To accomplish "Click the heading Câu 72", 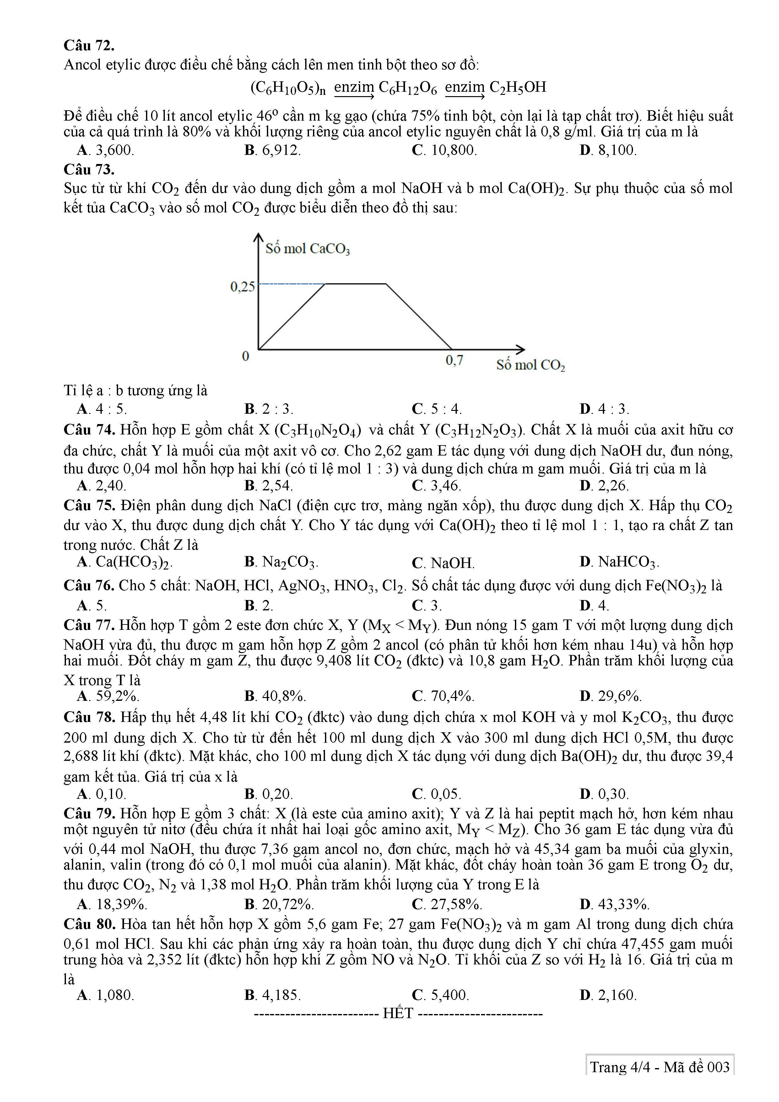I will (89, 46).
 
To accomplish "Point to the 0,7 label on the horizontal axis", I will (454, 360).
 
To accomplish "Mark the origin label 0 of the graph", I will (246, 356).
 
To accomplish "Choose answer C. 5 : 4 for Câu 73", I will (436, 409).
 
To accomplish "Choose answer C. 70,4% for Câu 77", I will (443, 696).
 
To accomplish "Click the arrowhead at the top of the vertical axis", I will (258, 237).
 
